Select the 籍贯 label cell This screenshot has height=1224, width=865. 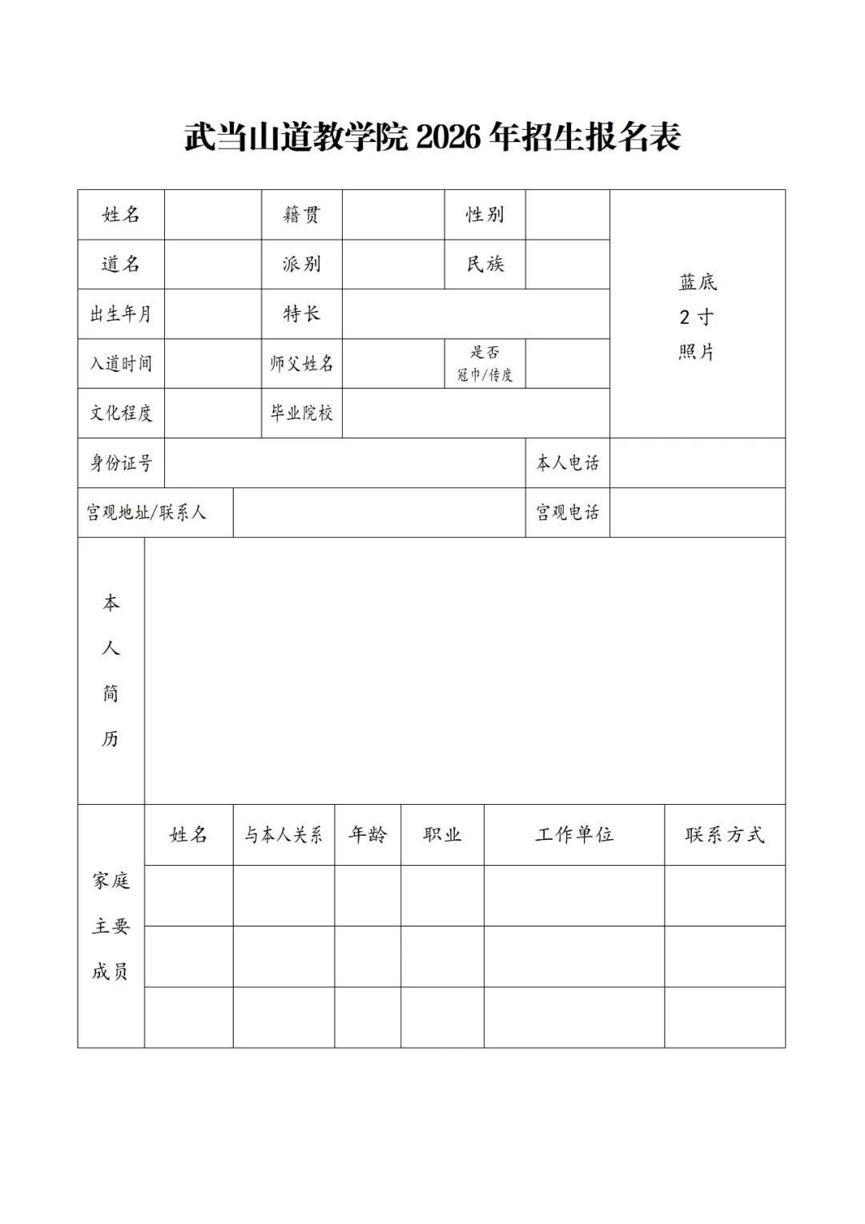[x=301, y=215]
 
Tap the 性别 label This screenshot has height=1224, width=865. [x=485, y=215]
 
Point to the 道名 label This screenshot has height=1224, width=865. [x=121, y=265]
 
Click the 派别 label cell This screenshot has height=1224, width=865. [x=301, y=265]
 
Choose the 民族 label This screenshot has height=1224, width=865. [x=485, y=265]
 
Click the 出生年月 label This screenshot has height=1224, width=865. [x=121, y=314]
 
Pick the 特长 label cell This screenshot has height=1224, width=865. [x=301, y=314]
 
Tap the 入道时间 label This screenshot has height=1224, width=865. [x=121, y=364]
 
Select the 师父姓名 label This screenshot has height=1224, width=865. [x=301, y=364]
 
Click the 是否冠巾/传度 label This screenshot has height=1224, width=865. [x=485, y=364]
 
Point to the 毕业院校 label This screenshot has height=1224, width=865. [x=301, y=414]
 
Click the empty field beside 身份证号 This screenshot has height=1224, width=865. [x=344, y=463]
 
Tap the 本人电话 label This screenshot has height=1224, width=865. [x=567, y=463]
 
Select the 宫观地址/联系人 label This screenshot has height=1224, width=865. [x=147, y=513]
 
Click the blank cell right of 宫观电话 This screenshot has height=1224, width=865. [x=697, y=513]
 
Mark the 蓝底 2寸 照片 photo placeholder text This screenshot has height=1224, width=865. [x=697, y=317]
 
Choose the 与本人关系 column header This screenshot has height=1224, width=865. [x=284, y=835]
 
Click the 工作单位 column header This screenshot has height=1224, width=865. [x=574, y=835]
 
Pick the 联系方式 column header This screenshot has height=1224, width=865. [x=725, y=835]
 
